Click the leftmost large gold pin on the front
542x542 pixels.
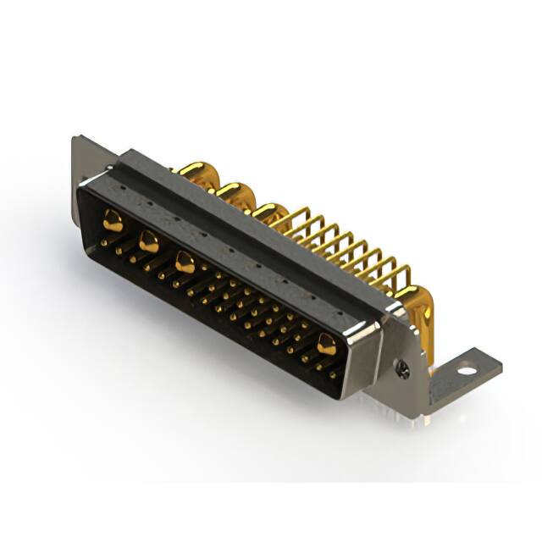click(x=113, y=222)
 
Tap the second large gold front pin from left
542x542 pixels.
click(x=148, y=242)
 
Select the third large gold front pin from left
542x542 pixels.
click(x=184, y=263)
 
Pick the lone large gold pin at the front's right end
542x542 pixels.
click(x=326, y=343)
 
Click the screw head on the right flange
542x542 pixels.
click(x=403, y=368)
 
